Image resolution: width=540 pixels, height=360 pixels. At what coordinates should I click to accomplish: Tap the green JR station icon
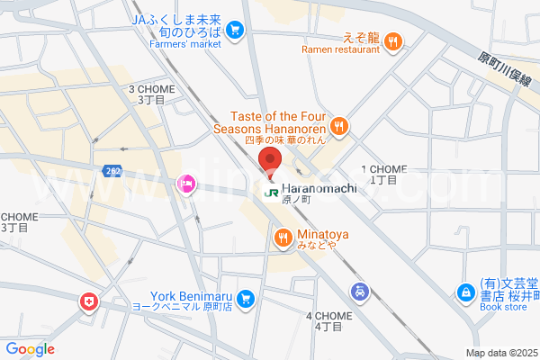[270, 191]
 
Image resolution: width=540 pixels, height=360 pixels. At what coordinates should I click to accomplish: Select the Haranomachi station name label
[319, 188]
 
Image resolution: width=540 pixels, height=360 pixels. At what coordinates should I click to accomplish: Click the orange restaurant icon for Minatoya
[283, 237]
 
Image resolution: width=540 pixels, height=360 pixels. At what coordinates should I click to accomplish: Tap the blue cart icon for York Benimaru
[245, 299]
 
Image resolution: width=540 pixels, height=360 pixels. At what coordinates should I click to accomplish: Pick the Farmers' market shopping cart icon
[235, 31]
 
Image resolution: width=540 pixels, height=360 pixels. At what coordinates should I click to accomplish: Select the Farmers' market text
[184, 43]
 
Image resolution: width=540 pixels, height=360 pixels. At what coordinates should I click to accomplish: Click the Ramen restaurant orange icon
[395, 40]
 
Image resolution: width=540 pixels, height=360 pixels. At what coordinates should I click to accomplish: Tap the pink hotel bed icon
[186, 184]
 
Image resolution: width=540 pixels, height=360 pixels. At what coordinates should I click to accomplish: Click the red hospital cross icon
[89, 301]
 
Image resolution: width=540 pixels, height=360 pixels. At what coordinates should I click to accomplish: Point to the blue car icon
[358, 292]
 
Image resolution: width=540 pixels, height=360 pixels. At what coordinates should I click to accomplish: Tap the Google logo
[30, 349]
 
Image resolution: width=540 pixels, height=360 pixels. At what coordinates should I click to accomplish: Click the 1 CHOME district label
[384, 169]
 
